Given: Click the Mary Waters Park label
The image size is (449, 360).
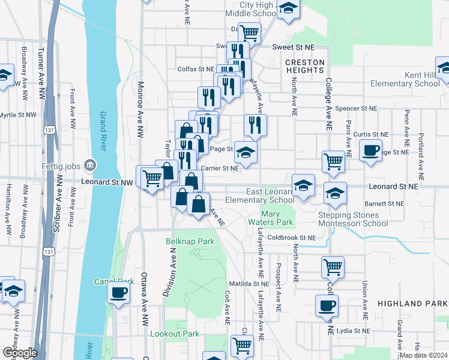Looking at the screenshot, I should [x=277, y=218].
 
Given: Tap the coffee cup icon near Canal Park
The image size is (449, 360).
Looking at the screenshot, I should [x=118, y=293].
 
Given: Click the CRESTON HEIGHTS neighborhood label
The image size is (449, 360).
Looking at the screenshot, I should [x=304, y=66].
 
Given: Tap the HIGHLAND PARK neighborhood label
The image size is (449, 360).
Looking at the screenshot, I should [x=412, y=304].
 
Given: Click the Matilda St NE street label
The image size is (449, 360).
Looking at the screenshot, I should [x=248, y=283].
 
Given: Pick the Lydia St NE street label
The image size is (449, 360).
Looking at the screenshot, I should [x=357, y=331].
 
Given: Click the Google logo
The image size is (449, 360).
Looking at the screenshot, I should [x=19, y=353].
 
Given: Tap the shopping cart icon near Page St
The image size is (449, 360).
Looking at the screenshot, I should [x=333, y=160].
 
